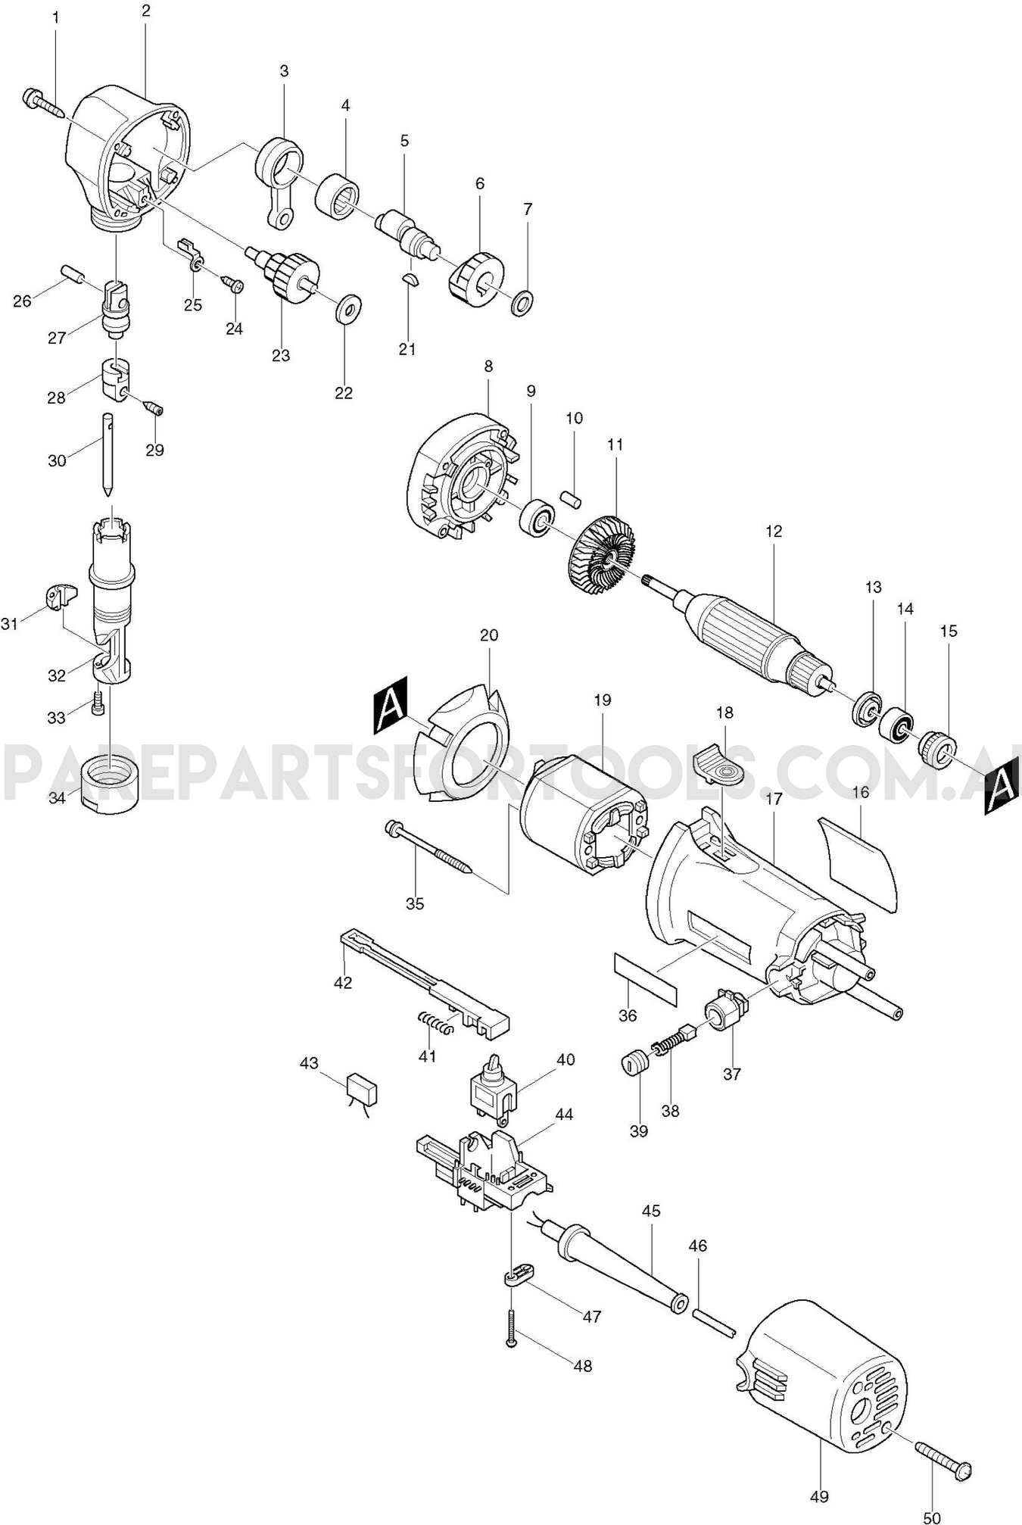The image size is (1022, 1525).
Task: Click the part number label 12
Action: [773, 532]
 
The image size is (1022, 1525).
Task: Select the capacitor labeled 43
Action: [362, 1090]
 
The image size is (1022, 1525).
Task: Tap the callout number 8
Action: [488, 366]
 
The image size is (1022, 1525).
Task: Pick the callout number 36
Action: [628, 1015]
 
